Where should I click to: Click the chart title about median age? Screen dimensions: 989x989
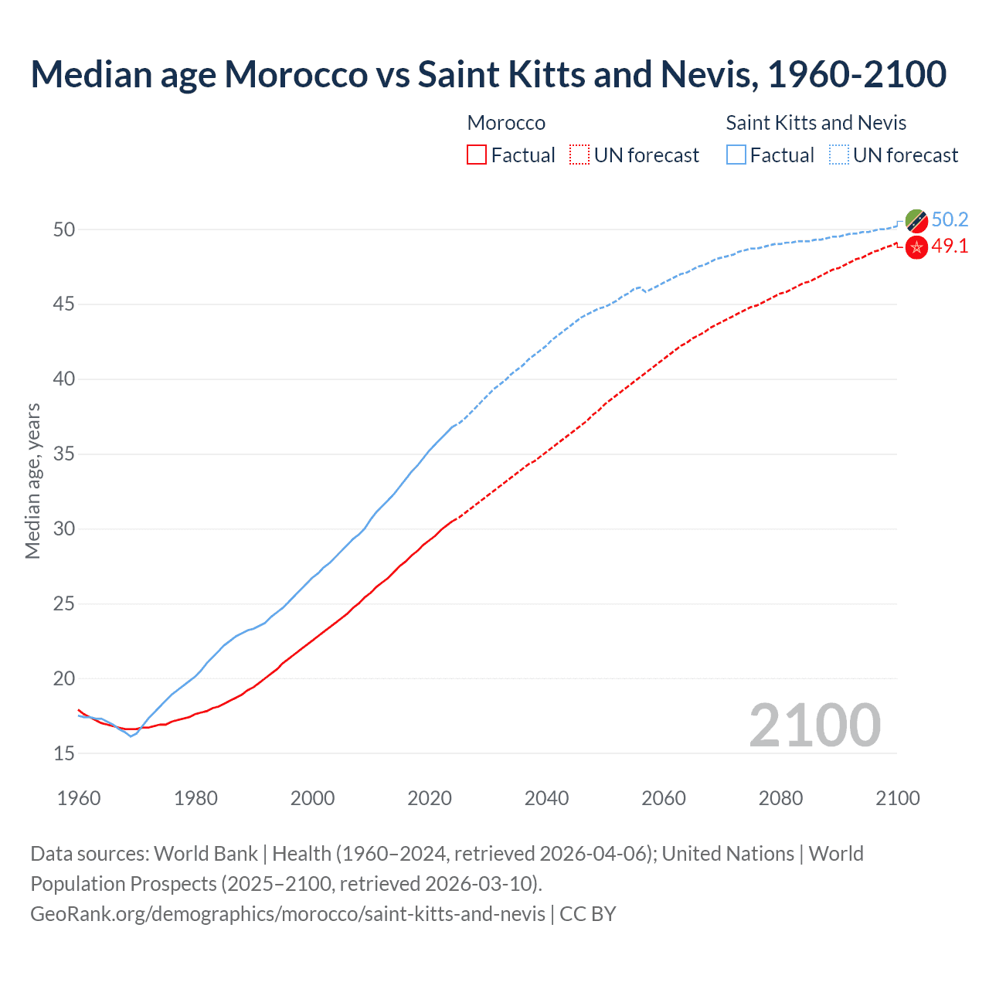[x=488, y=74]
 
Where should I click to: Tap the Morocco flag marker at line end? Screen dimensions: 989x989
[x=916, y=247]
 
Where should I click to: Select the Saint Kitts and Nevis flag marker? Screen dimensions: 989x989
[x=916, y=220]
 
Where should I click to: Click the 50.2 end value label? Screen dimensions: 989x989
[x=950, y=219]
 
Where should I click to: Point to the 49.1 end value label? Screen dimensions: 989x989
[x=950, y=246]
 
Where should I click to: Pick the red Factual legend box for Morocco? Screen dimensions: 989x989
[x=477, y=155]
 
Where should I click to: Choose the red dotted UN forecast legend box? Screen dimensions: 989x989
[x=579, y=155]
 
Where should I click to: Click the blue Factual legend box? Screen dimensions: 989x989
[x=736, y=155]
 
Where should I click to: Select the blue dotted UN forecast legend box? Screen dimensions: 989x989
[x=839, y=155]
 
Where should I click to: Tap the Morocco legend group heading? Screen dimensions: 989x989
[x=506, y=123]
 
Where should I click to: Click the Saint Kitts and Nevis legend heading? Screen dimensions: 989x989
[x=816, y=123]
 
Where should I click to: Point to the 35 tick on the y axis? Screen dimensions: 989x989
[x=64, y=454]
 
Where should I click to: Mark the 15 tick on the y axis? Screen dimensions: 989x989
[x=64, y=753]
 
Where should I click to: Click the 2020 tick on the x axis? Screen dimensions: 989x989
[x=430, y=798]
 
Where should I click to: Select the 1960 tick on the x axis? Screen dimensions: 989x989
[x=79, y=798]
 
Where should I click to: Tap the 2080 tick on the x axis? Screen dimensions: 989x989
[x=780, y=798]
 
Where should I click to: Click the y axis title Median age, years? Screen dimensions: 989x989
[x=32, y=481]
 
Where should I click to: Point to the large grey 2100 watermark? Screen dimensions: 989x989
[x=814, y=725]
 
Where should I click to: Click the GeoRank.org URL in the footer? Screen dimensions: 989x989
[x=287, y=914]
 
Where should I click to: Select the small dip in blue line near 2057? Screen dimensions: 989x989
[x=645, y=291]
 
